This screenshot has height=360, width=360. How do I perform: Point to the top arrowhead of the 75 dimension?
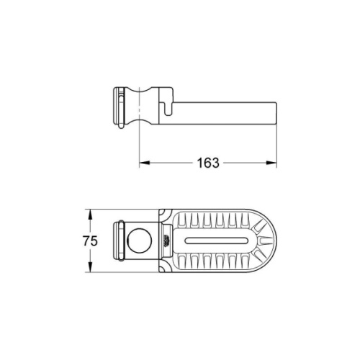point(89,213)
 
